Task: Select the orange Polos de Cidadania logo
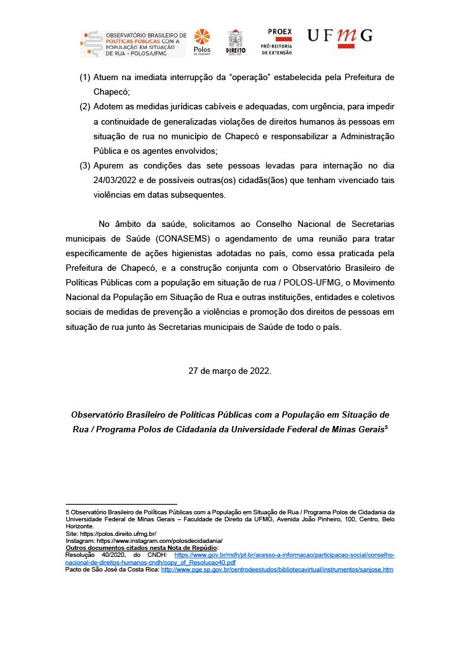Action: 201,42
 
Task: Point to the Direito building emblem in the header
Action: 235,42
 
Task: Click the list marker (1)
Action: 85,78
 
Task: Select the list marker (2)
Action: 85,106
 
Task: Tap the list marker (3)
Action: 85,167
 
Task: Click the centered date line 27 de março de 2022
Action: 229,371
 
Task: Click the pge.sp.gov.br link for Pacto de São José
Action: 277,570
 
